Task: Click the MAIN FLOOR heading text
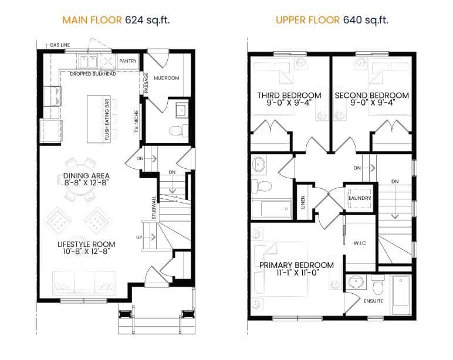[x=92, y=20]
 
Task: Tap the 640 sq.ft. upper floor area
[x=366, y=20]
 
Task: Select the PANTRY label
[x=128, y=61]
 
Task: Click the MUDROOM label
[x=167, y=78]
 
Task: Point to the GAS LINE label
[x=60, y=45]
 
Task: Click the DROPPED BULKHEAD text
[x=93, y=74]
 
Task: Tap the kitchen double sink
[x=88, y=62]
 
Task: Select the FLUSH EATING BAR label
[x=107, y=120]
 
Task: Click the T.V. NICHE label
[x=136, y=121]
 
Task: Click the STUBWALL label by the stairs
[x=154, y=208]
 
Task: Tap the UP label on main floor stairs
[x=139, y=237]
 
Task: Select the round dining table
[x=79, y=179]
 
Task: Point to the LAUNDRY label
[x=360, y=198]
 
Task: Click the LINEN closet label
[x=303, y=202]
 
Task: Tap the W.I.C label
[x=360, y=243]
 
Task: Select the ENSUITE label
[x=373, y=301]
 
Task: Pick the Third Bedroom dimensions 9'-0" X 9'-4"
[x=289, y=103]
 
